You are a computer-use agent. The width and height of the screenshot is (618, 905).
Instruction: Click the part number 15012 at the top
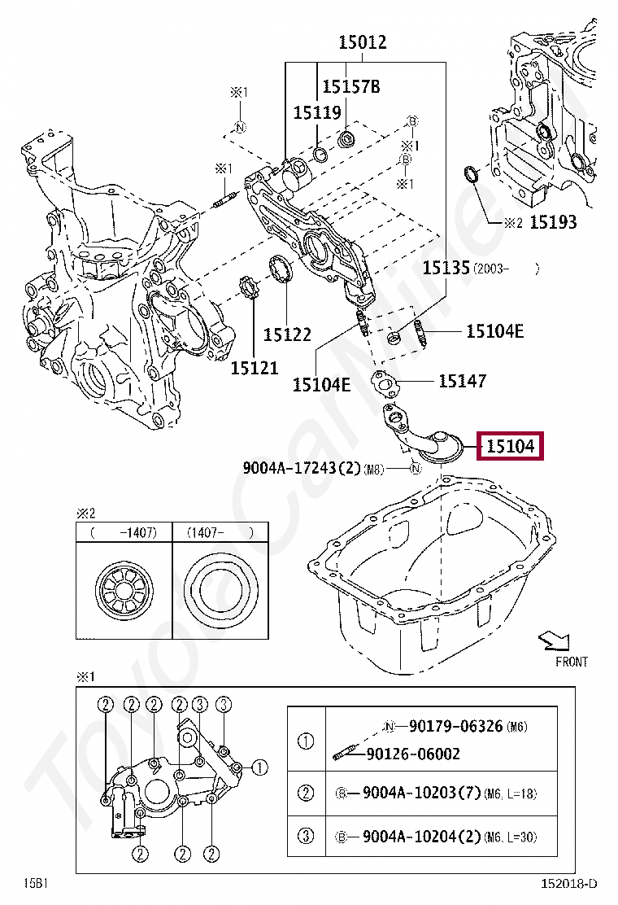tap(363, 42)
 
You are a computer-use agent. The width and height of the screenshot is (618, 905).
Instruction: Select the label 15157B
tap(351, 86)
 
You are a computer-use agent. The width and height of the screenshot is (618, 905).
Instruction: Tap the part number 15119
tap(317, 112)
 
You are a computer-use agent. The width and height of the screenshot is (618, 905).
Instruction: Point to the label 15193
tap(553, 221)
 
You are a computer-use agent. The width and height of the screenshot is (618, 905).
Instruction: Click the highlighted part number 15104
tap(510, 446)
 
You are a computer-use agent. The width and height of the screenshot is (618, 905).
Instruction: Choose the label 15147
tap(462, 380)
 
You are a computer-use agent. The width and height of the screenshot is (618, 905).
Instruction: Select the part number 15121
tap(254, 368)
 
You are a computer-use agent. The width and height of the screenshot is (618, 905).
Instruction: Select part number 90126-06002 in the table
tap(412, 754)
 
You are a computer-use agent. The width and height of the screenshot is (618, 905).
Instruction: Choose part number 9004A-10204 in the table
tap(414, 836)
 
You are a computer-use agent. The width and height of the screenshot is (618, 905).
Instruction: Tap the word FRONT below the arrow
tap(571, 662)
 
